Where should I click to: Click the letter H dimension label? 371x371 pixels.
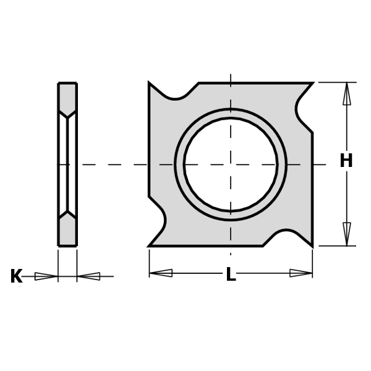tap(346, 161)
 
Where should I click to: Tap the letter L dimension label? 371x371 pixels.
tap(231, 275)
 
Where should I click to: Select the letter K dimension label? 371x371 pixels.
tap(16, 276)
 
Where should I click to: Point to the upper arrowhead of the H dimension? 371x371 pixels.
tap(347, 93)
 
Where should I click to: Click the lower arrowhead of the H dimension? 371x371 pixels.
tap(347, 234)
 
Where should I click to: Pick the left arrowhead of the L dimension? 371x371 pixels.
tap(161, 273)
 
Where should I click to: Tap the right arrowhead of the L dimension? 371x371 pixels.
tap(301, 273)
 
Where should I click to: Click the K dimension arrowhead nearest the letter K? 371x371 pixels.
tap(46, 276)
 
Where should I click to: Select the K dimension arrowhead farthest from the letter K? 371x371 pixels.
tap(89, 276)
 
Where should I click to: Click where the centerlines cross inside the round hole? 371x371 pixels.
tap(231, 164)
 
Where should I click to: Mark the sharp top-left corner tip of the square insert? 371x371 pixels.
tap(150, 83)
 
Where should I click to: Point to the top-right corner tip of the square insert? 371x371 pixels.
tap(312, 83)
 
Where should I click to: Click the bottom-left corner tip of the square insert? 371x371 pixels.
tap(150, 246)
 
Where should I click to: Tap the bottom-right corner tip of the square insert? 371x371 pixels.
tap(312, 245)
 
